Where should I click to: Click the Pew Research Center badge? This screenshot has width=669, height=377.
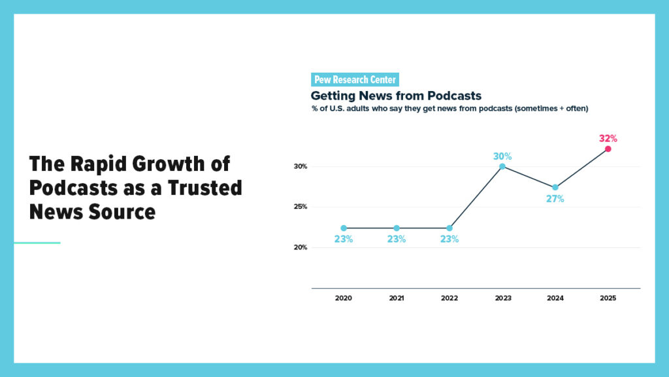point(355,80)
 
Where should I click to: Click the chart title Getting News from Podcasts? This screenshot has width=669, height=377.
point(396,96)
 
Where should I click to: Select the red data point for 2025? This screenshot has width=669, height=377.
point(608,149)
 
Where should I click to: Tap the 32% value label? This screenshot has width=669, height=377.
point(608,139)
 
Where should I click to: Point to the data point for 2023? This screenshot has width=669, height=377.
point(502,166)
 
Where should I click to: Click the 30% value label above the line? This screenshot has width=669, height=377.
point(502,156)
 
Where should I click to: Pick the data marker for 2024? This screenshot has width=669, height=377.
point(555,187)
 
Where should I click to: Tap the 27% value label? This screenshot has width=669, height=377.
point(555,199)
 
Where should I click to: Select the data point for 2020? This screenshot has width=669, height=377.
point(344,228)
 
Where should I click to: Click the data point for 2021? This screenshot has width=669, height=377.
point(397,228)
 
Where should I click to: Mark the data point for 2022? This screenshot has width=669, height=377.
point(449,228)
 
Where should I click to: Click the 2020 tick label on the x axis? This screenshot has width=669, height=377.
point(344,298)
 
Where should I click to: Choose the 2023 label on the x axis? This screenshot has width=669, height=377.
point(502,298)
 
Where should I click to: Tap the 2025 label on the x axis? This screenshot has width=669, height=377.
point(608,298)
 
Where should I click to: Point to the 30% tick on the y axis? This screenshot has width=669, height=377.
point(300,167)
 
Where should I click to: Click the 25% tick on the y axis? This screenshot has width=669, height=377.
point(300,207)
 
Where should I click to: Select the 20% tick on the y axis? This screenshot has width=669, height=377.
point(300,247)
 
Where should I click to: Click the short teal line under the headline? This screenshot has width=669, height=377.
point(37,243)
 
